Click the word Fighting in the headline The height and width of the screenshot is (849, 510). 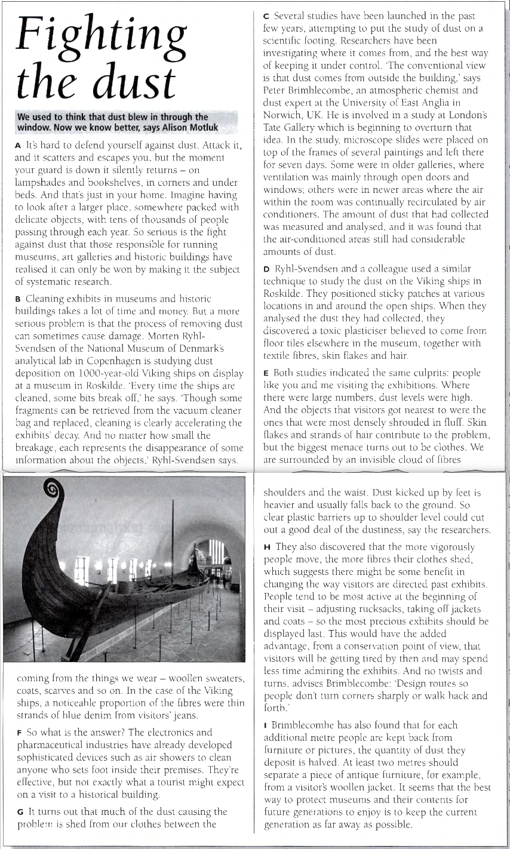(x=99, y=38)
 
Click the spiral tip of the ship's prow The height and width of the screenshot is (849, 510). (x=53, y=490)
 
